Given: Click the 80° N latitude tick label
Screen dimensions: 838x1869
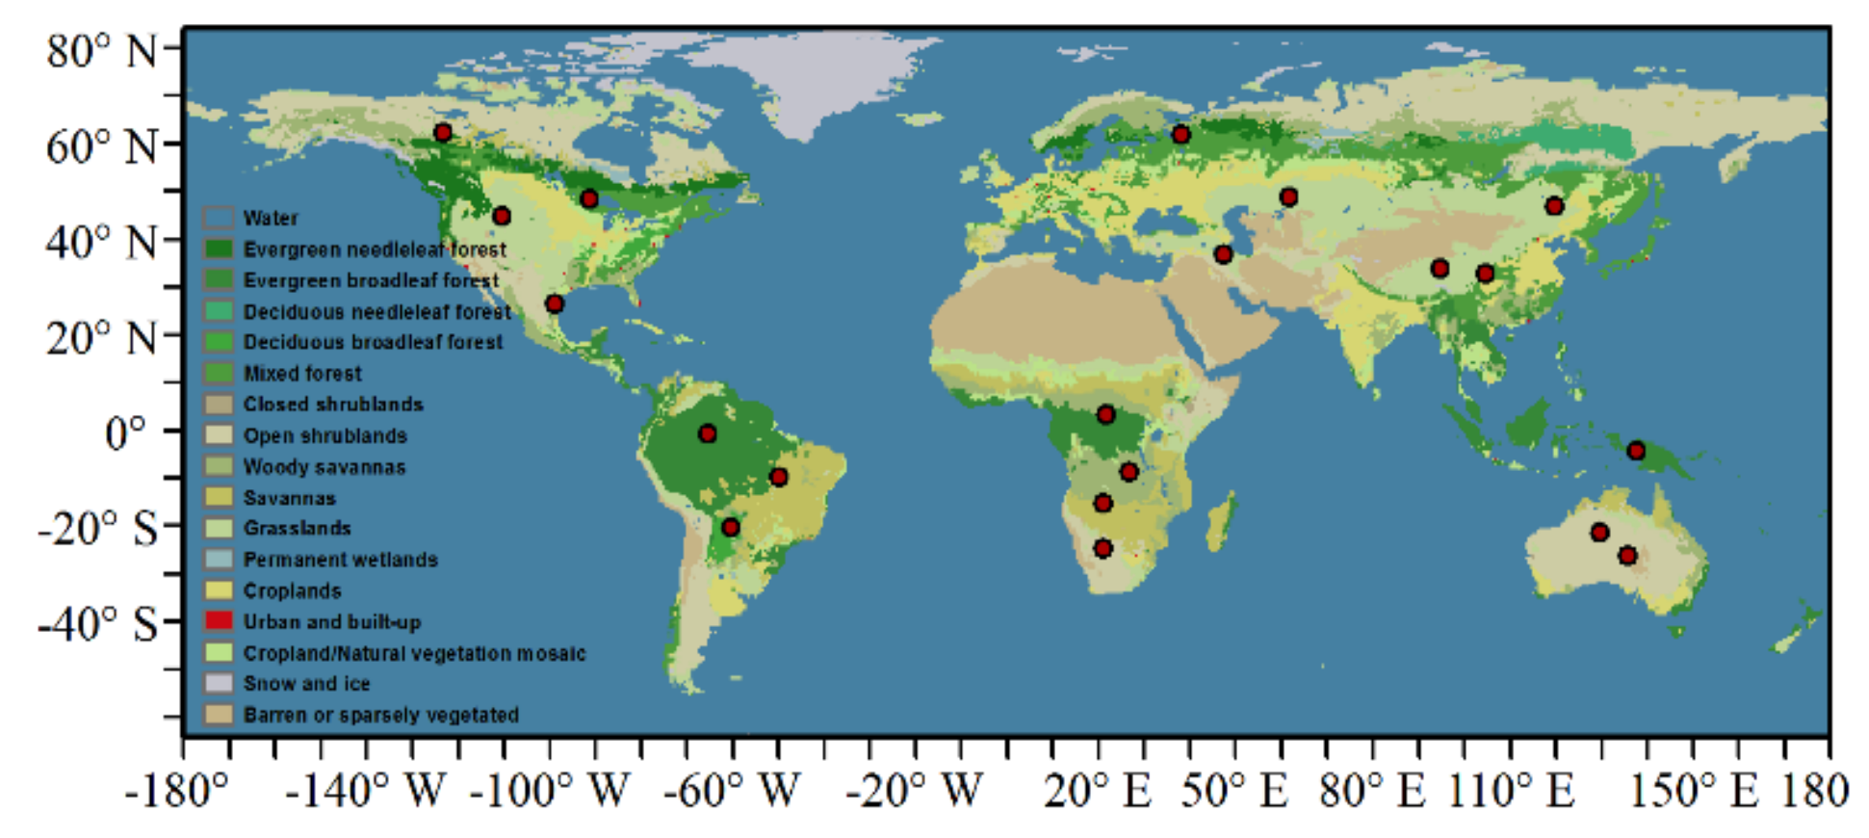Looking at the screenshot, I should [101, 50].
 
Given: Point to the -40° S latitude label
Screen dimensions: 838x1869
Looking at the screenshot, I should [97, 623].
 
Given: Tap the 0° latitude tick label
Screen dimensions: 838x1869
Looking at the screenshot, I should [125, 433].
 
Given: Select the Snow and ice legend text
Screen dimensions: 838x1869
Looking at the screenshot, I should [306, 684].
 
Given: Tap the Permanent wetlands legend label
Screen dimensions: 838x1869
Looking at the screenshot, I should [340, 560].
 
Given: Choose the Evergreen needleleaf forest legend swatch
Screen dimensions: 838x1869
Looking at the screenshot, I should [219, 249].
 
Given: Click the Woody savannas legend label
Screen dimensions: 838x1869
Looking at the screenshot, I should [324, 467].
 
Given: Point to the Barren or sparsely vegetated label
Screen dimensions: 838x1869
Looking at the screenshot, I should [380, 715].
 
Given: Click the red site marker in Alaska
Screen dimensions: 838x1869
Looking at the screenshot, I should [443, 133].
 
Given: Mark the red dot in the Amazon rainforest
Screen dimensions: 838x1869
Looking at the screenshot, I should [708, 433].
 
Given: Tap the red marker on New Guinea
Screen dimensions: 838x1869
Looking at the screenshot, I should [1636, 451].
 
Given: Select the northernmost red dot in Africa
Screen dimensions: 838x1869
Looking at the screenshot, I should [1105, 414].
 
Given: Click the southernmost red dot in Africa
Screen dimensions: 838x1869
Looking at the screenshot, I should [1103, 549].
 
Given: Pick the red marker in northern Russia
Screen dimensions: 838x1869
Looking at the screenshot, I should [1181, 135].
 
